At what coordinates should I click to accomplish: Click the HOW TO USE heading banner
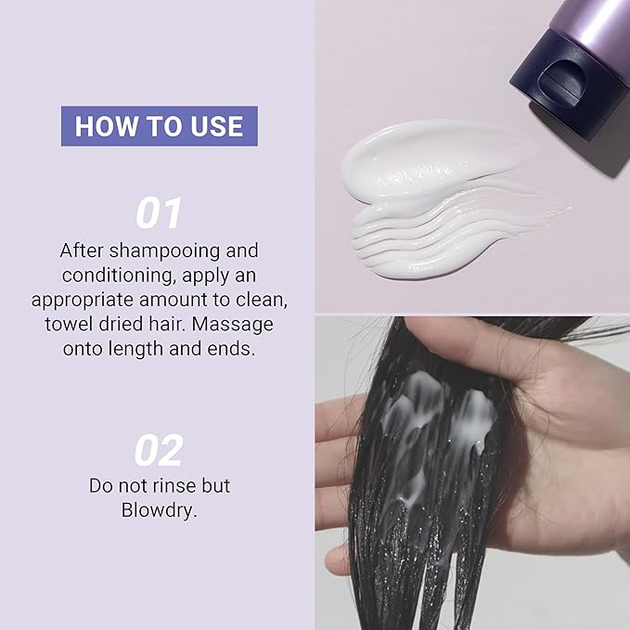click(160, 126)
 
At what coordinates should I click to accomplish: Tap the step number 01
click(159, 213)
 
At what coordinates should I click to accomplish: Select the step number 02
click(159, 450)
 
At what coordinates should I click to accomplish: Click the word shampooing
click(164, 251)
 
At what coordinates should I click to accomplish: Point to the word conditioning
click(119, 276)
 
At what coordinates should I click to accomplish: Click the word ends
click(231, 349)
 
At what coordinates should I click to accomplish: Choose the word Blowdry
click(159, 511)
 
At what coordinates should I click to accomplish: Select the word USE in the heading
click(216, 126)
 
